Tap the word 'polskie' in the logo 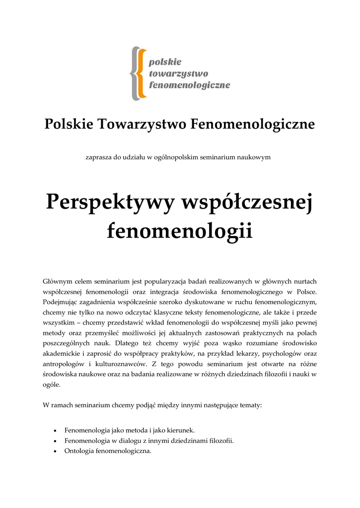pos(165,62)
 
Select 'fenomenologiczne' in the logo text pos(190,85)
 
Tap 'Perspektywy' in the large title pos(111,203)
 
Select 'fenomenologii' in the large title pos(180,231)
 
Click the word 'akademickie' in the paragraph pos(61,354)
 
